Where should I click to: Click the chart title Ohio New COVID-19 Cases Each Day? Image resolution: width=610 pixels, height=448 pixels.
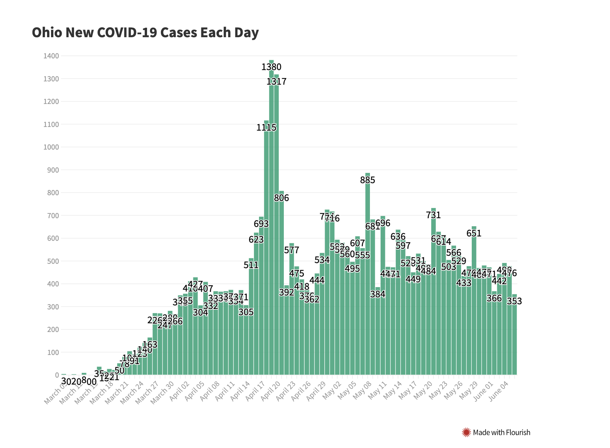tap(145, 32)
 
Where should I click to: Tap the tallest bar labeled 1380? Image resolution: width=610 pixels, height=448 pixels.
tap(271, 219)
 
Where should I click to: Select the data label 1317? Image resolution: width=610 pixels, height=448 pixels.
tap(277, 82)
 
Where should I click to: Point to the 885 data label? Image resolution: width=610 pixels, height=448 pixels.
tap(367, 180)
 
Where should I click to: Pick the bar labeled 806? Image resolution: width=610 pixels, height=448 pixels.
tap(282, 285)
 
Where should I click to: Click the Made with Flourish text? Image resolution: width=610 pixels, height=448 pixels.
tap(501, 433)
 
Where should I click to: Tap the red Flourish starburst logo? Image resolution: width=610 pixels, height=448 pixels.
tap(466, 433)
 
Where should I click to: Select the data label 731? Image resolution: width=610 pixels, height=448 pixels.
tap(433, 215)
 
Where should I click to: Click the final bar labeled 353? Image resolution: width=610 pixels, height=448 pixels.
tap(514, 336)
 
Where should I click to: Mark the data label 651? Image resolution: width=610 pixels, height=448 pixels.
tap(474, 233)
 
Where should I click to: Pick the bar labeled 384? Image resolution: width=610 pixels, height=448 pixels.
tap(378, 332)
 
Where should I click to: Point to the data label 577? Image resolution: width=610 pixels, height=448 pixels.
tap(292, 250)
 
